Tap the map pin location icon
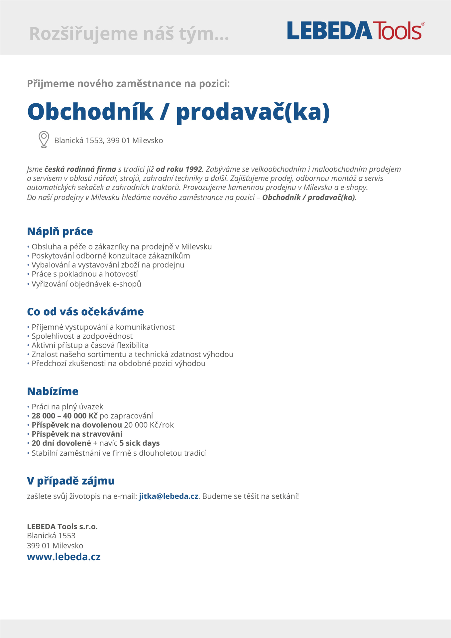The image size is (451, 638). point(44,139)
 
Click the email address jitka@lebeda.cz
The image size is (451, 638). point(169,496)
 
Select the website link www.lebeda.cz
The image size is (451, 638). point(64,557)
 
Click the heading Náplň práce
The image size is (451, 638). point(60,231)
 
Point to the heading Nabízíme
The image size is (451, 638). point(53,391)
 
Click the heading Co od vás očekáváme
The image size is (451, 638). point(85,312)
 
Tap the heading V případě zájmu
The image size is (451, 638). point(71,480)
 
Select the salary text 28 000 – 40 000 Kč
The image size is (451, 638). point(64,416)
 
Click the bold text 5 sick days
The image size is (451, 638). point(140,443)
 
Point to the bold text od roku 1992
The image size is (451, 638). point(179,169)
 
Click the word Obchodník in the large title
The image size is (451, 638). point(90,112)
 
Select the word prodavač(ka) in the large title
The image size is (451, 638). point(253,112)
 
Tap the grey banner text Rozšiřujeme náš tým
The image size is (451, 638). point(129,34)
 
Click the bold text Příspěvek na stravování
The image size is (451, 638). point(77,434)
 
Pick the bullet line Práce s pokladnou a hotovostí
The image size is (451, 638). point(84,274)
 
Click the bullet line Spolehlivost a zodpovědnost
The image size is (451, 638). point(82,336)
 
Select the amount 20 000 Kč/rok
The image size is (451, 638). point(149,425)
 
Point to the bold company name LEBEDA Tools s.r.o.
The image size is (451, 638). point(62,526)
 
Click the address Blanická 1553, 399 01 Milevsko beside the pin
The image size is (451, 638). point(108,141)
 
